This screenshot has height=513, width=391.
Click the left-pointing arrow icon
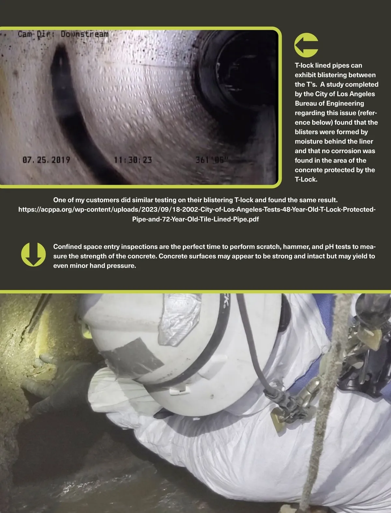click(306, 45)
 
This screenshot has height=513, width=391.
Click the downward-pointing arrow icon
click(33, 254)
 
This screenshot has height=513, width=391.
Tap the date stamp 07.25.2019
click(46, 160)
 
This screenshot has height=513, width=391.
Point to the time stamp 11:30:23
click(133, 160)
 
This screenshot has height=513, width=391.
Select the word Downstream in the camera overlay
click(84, 34)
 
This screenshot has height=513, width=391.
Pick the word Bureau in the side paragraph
click(305, 104)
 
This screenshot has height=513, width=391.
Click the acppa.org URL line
click(197, 209)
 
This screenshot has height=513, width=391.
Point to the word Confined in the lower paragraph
click(68, 247)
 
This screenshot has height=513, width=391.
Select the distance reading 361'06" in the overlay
click(212, 160)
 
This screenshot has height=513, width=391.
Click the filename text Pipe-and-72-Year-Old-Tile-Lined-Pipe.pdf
click(195, 219)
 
